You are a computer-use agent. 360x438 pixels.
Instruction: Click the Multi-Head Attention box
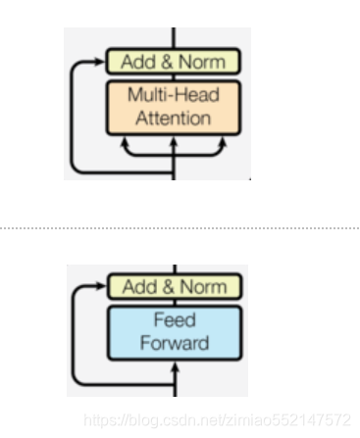(173, 108)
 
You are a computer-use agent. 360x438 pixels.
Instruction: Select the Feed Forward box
(173, 332)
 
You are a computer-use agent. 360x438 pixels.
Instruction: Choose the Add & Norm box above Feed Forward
(173, 287)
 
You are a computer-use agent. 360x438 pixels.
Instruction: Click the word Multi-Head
(174, 97)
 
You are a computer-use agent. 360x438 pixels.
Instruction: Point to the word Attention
(174, 119)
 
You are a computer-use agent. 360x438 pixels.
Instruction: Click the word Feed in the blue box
(174, 321)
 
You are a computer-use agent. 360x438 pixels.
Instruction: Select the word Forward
(174, 343)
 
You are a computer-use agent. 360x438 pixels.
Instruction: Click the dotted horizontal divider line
(180, 226)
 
